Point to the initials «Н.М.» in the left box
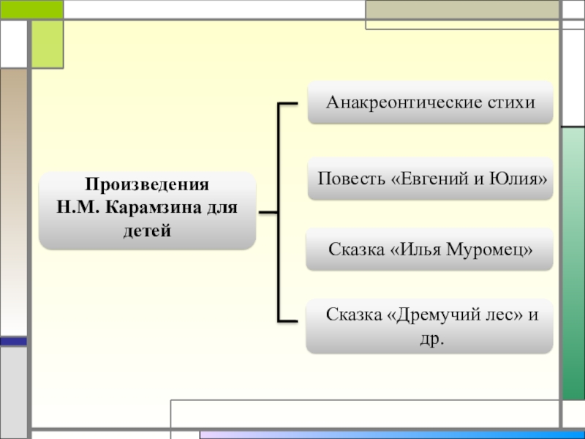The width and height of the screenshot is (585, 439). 80,207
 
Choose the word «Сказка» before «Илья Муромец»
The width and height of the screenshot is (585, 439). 356,249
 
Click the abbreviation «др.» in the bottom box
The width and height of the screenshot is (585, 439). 434,339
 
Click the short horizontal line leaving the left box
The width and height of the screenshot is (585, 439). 268,213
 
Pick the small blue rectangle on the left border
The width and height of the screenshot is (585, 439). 13,342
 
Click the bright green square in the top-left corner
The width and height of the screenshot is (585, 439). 47,43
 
